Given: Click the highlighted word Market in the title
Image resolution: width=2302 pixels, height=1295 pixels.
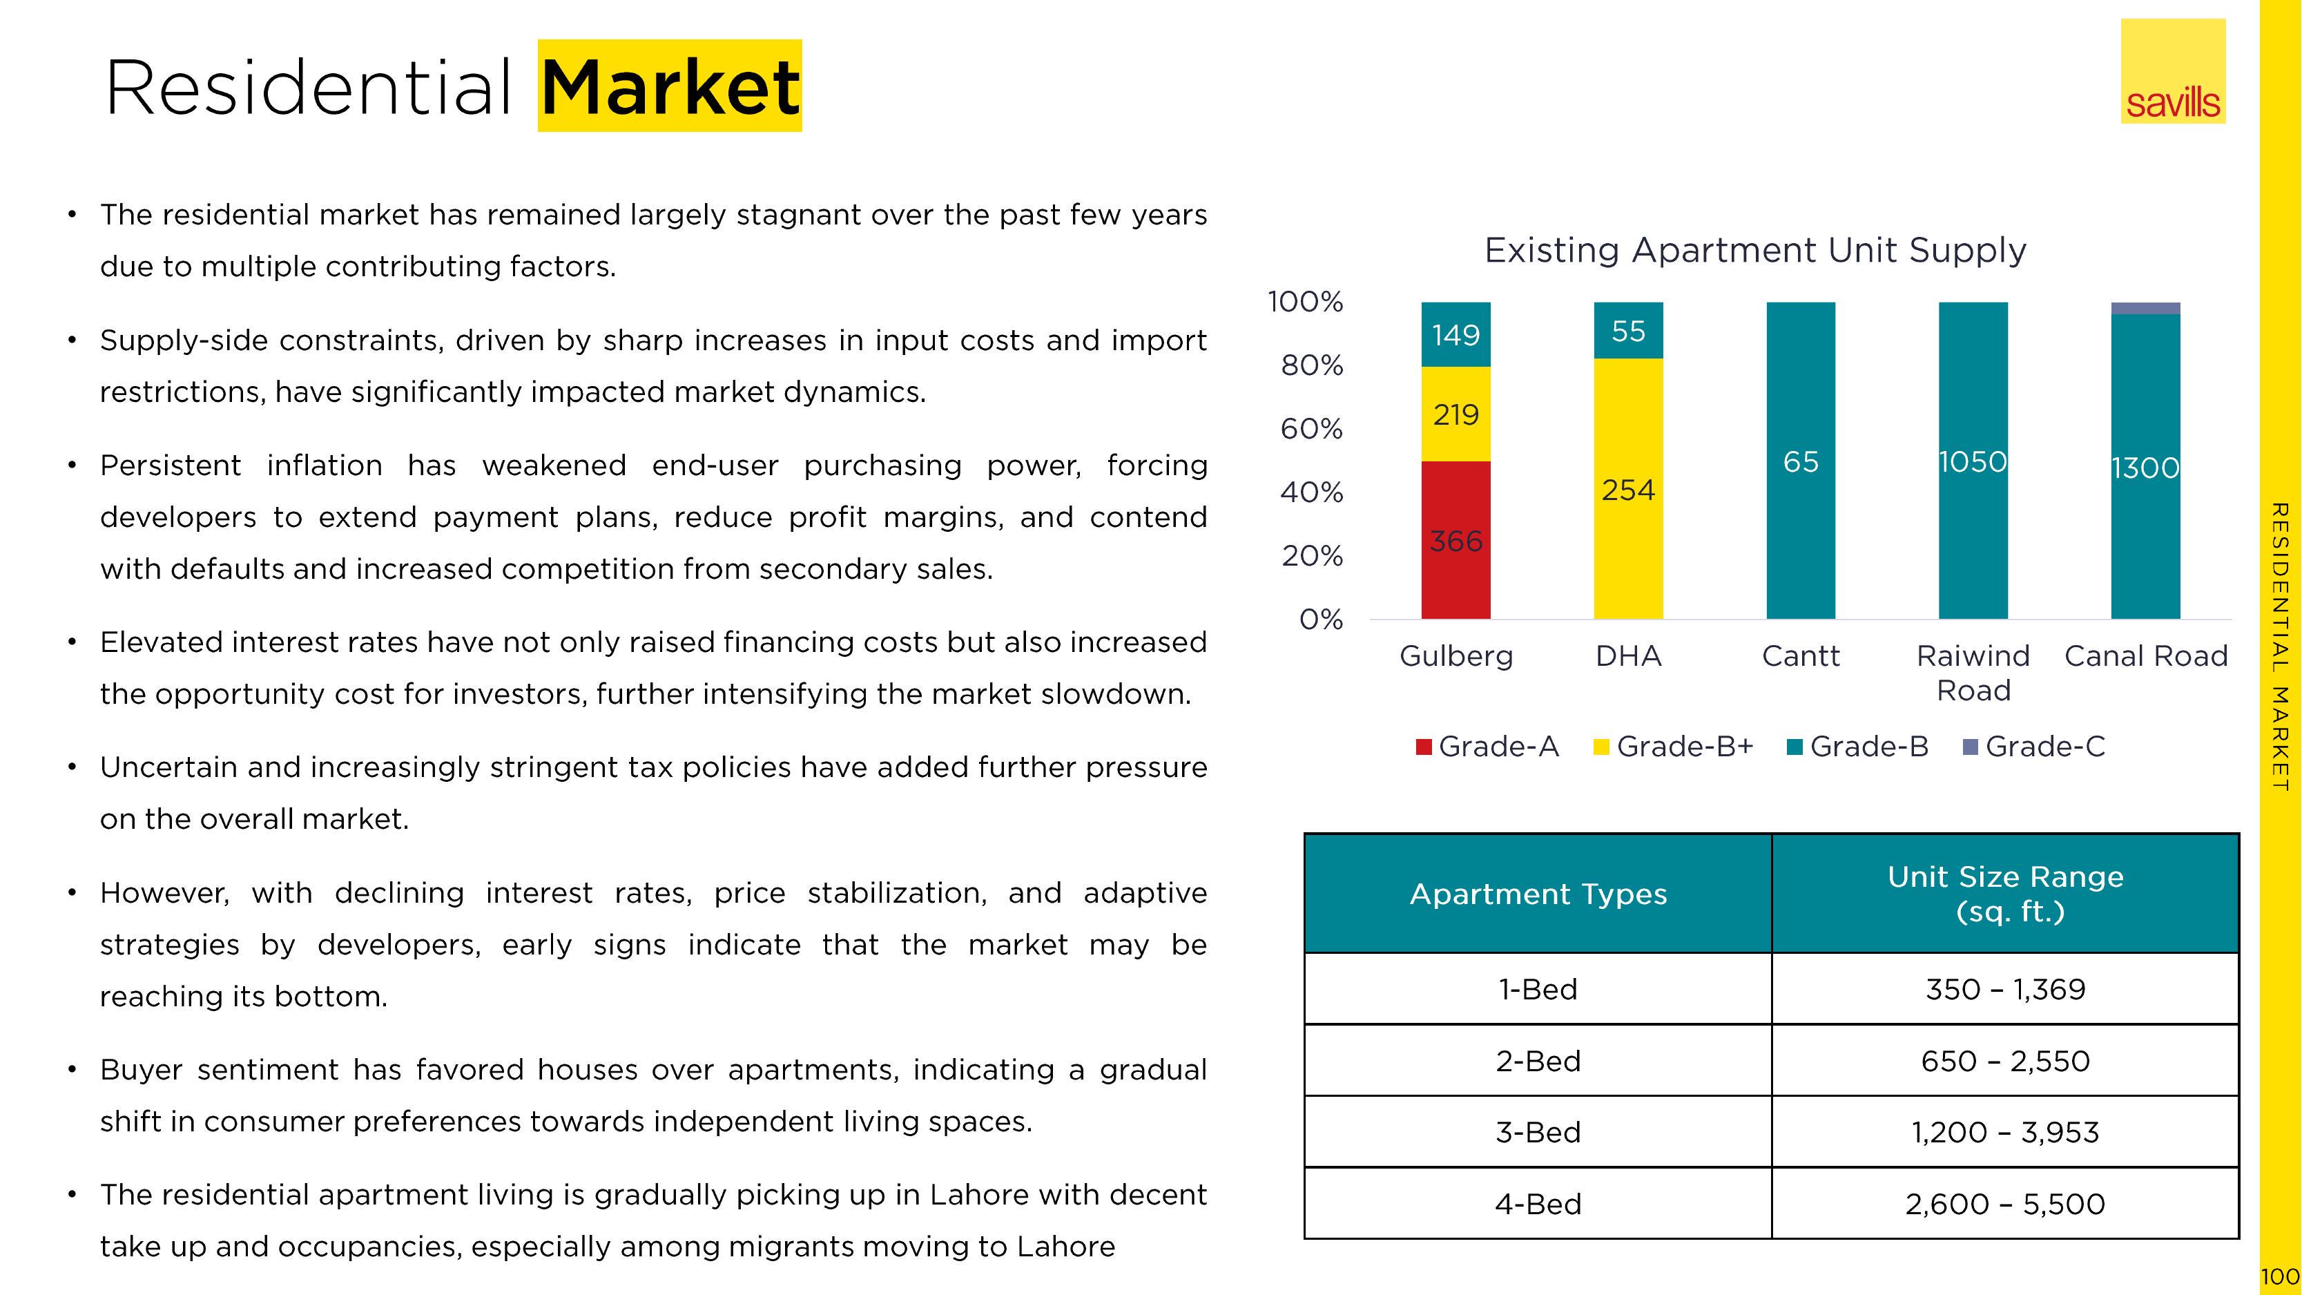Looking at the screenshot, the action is pyautogui.click(x=670, y=87).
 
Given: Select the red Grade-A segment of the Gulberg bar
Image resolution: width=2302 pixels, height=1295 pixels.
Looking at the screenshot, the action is pyautogui.click(x=1455, y=540).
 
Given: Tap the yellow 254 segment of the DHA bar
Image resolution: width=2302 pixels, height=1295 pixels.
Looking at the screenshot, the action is pyautogui.click(x=1628, y=489).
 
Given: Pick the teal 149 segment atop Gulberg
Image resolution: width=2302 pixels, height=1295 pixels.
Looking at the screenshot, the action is pyautogui.click(x=1455, y=334).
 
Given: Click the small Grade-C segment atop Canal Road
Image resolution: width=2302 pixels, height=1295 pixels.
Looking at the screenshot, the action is pyautogui.click(x=2146, y=308).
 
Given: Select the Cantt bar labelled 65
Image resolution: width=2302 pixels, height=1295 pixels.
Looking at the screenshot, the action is pyautogui.click(x=1801, y=460).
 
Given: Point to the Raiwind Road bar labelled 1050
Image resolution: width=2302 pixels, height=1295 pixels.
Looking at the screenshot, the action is pyautogui.click(x=1973, y=460).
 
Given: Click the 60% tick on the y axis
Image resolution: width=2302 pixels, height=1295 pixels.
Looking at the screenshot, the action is pyautogui.click(x=1311, y=429).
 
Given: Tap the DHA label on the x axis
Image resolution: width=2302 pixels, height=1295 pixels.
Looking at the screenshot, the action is pyautogui.click(x=1628, y=656).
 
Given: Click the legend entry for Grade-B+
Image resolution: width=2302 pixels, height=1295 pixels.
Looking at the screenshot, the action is pyautogui.click(x=1674, y=746).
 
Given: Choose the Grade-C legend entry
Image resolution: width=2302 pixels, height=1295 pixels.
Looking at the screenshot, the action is pyautogui.click(x=2034, y=746).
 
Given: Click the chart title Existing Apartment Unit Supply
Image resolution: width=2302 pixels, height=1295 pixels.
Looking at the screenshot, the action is pyautogui.click(x=1755, y=250).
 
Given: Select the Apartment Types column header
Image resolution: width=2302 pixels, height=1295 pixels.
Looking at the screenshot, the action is pyautogui.click(x=1538, y=894).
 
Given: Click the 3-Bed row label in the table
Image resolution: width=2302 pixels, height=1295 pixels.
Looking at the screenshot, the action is pyautogui.click(x=1538, y=1132).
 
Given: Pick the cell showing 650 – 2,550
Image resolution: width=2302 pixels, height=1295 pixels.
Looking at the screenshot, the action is pyautogui.click(x=2005, y=1061).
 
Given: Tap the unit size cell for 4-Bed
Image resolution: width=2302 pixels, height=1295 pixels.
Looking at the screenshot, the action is pyautogui.click(x=2005, y=1204).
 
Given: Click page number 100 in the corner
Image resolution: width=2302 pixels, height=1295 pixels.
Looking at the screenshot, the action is pyautogui.click(x=2280, y=1276).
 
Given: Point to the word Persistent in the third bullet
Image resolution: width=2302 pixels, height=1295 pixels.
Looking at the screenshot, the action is pyautogui.click(x=171, y=466).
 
